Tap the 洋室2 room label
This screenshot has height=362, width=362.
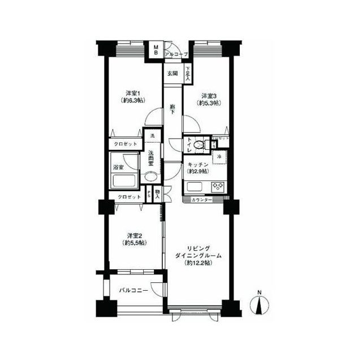(x=133, y=235)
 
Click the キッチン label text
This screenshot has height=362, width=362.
(x=198, y=163)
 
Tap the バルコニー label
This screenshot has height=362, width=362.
(x=133, y=290)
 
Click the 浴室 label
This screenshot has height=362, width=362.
(x=118, y=167)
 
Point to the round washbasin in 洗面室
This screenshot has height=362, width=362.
(x=151, y=177)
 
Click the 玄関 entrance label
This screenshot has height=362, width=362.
(x=172, y=73)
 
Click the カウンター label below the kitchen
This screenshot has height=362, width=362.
(x=201, y=200)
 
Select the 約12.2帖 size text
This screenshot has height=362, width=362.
(x=197, y=264)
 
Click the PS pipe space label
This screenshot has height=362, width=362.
(x=149, y=193)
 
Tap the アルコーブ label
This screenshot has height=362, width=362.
(x=176, y=54)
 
